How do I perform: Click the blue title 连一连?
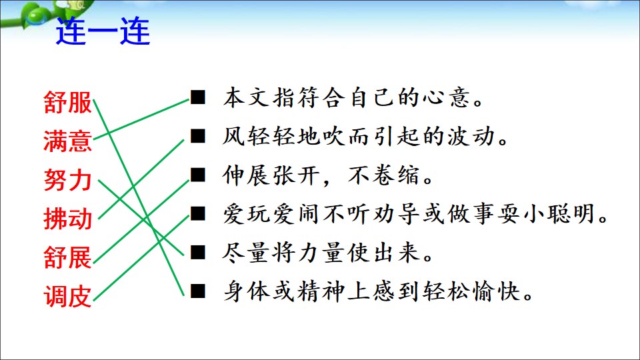point(103,31)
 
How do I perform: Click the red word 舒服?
point(68,102)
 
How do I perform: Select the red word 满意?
point(68,141)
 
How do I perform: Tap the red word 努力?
point(68,180)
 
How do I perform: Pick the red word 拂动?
point(68,219)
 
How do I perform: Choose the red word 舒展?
point(68,257)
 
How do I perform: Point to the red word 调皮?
point(68,296)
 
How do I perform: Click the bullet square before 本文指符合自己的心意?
point(198,97)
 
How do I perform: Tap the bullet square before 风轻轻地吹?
point(198,136)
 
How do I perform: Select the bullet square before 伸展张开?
point(198,175)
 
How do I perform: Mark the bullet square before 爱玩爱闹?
point(198,213)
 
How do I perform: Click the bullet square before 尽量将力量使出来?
point(198,252)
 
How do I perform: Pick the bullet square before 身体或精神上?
point(198,291)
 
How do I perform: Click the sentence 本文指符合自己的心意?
point(353,97)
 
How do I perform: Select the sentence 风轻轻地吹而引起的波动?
point(365,136)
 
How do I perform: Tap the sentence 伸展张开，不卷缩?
point(328,175)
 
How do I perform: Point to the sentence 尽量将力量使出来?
point(328,253)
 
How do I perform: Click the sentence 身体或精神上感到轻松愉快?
point(378,291)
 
